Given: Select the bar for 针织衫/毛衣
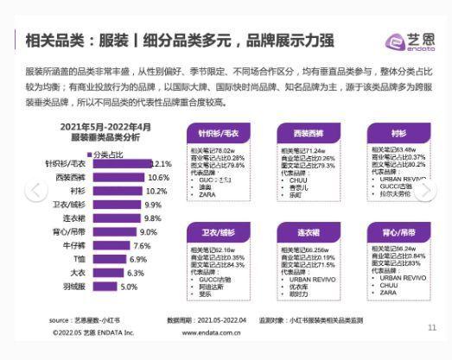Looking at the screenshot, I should pyautogui.click(x=121, y=163).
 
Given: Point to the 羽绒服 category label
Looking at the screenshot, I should pyautogui.click(x=74, y=287).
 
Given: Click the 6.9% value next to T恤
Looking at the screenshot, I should pyautogui.click(x=138, y=259).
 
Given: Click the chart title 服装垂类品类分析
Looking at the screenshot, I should pyautogui.click(x=105, y=136).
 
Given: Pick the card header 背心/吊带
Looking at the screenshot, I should pyautogui.click(x=398, y=234).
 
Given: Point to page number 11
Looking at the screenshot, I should pyautogui.click(x=432, y=327).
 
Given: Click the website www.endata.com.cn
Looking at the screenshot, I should pyautogui.click(x=212, y=332).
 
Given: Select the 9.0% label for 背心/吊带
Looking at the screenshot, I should pyautogui.click(x=149, y=231).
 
